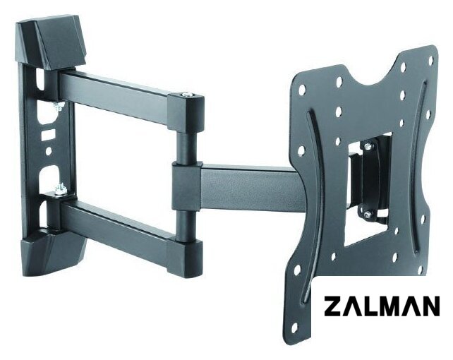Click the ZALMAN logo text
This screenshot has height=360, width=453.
[382, 306]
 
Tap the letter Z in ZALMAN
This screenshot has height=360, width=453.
[333, 306]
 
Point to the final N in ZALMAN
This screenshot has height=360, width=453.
[430, 306]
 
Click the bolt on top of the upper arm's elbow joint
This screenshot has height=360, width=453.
[186, 94]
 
